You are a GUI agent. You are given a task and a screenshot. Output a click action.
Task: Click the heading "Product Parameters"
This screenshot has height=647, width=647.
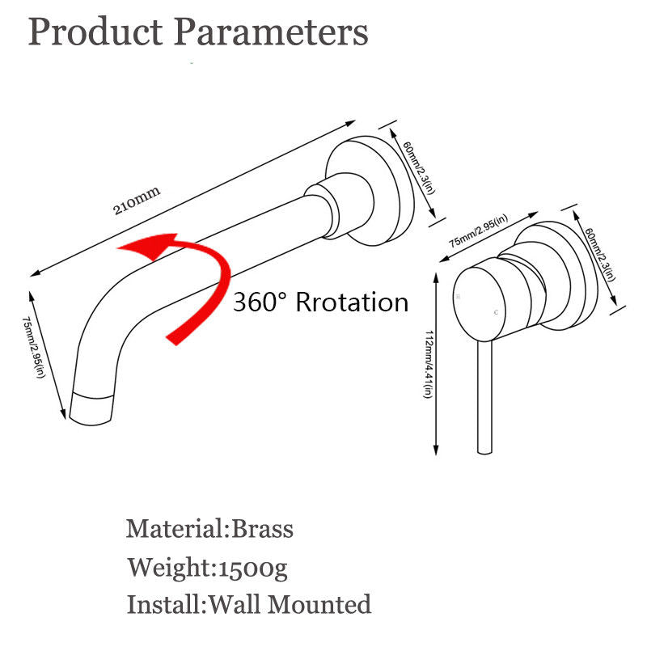click(x=198, y=33)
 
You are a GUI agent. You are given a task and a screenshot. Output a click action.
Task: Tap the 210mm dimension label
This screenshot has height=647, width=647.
click(x=137, y=199)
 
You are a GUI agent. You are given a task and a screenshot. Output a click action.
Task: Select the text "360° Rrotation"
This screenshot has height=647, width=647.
click(x=320, y=303)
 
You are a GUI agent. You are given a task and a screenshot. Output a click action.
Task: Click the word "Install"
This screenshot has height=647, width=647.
click(x=165, y=604)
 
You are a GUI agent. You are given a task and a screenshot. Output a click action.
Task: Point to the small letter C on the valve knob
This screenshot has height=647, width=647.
click(x=495, y=311)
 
